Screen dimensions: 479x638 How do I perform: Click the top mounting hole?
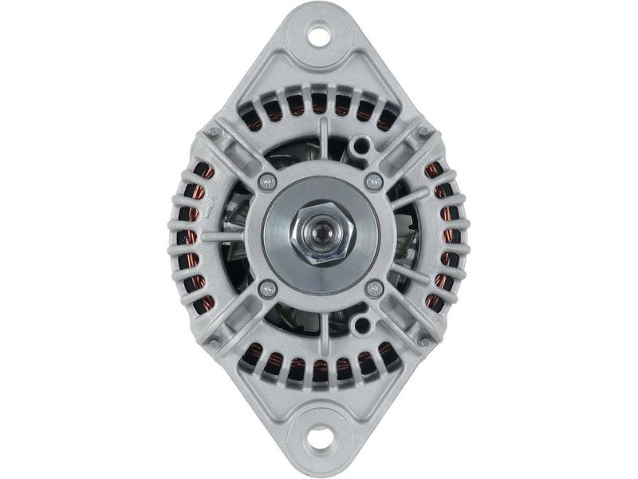point(320,35)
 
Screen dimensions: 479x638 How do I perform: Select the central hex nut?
point(320,236)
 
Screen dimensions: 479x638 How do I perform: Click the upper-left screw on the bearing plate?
point(268,182)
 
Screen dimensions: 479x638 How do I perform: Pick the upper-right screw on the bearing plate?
point(373,182)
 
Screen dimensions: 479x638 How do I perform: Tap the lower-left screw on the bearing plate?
point(268,288)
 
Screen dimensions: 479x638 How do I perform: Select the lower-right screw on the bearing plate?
point(373,288)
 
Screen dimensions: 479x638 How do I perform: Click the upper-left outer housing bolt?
point(215,131)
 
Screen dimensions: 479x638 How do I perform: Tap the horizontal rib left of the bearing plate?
point(227,236)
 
